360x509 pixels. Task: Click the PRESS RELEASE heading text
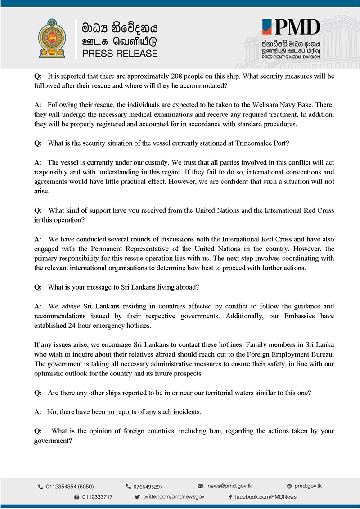point(120,54)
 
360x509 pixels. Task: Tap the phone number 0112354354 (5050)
point(70,487)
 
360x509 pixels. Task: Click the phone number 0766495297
point(148,487)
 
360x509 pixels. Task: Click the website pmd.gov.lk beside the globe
point(308,486)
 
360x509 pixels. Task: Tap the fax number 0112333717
point(97,497)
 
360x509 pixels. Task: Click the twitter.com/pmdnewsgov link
point(174,497)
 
